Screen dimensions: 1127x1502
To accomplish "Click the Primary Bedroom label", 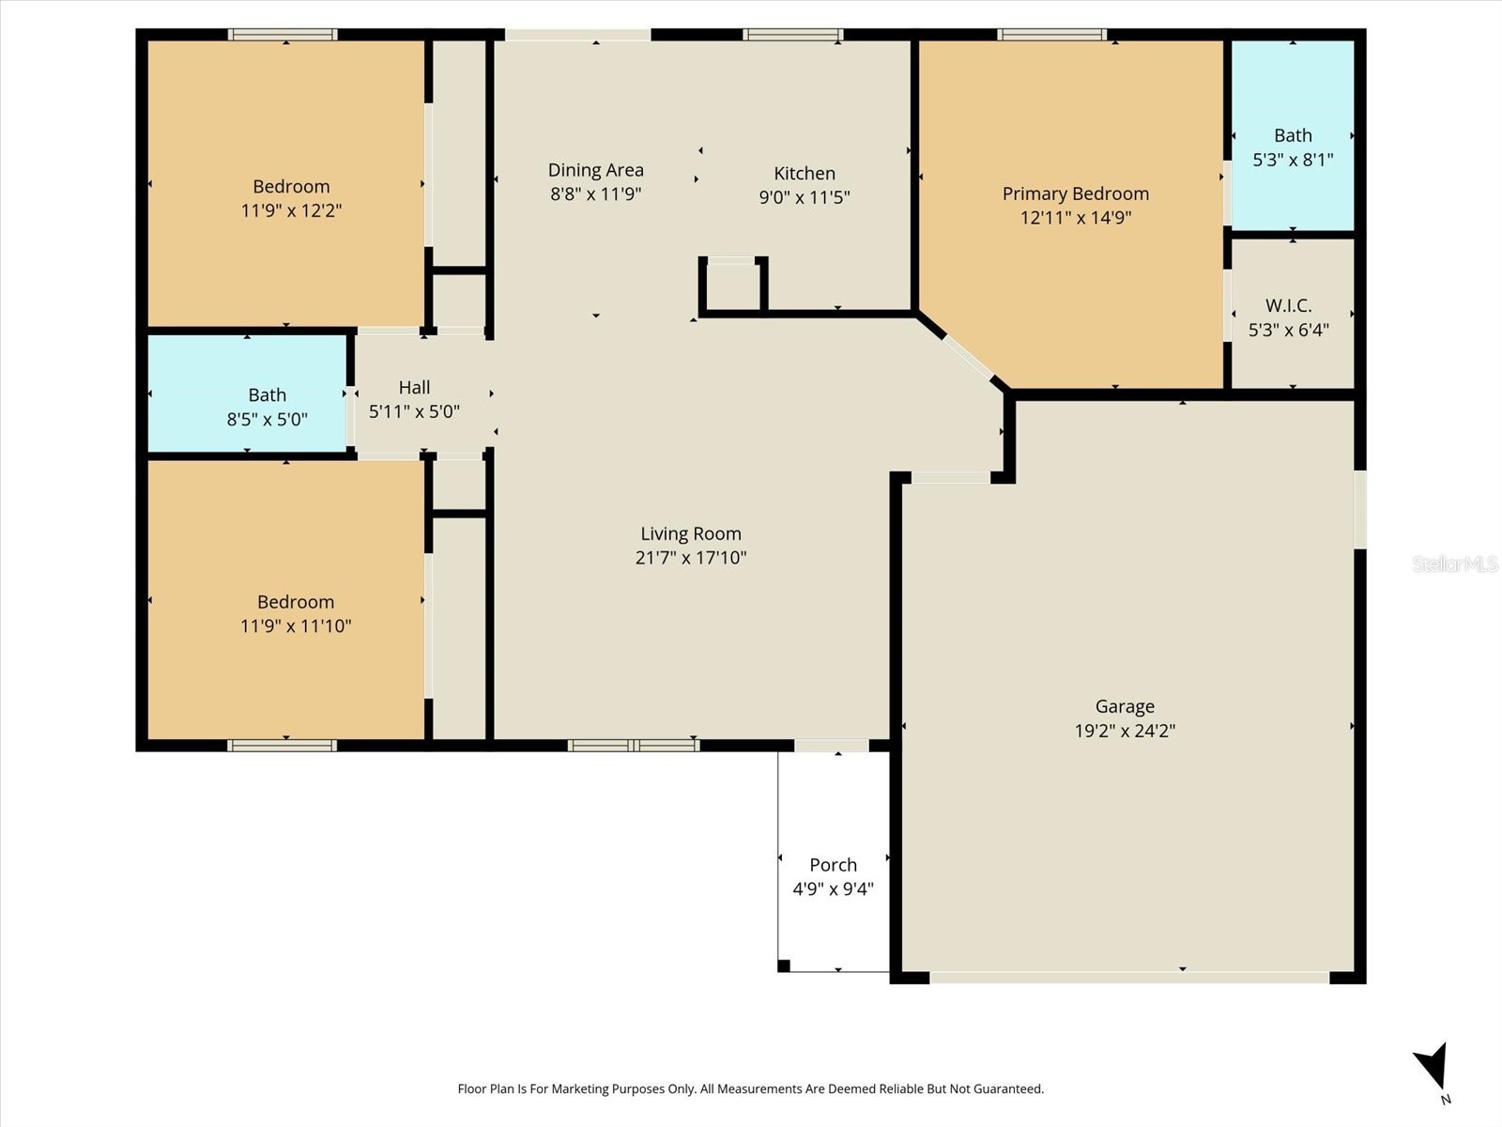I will [x=1075, y=193].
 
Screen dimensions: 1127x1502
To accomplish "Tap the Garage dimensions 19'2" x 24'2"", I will [x=1125, y=731].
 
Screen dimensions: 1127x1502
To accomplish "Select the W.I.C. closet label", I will [x=1288, y=305].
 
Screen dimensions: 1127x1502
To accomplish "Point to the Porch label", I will [x=833, y=865].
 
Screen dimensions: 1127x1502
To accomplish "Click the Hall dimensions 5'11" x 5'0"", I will [x=414, y=411].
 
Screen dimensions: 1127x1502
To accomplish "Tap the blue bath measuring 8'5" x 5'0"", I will [x=249, y=394].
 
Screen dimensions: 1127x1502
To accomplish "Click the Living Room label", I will [x=691, y=533].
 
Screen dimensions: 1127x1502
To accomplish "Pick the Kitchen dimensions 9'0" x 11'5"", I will [x=805, y=197].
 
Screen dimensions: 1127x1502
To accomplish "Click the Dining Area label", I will [x=595, y=170].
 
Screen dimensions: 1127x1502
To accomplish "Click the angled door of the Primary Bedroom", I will [x=967, y=356].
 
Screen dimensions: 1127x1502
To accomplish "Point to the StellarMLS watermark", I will [x=1454, y=563].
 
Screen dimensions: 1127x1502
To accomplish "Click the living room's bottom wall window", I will [x=634, y=746].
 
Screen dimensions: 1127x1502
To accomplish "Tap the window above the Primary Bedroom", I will [x=1051, y=36].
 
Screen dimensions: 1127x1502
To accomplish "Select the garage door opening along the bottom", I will [x=1128, y=978].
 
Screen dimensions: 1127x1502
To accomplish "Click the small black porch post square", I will [x=784, y=965].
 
